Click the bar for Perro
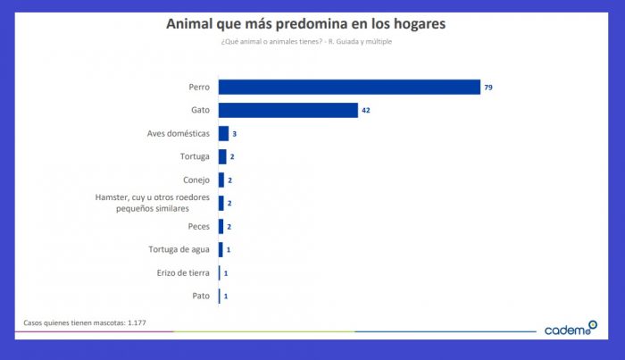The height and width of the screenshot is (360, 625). point(349,87)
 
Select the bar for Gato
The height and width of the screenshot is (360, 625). point(288,110)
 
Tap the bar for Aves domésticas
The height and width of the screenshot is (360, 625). point(223,133)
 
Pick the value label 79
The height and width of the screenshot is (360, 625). point(488,87)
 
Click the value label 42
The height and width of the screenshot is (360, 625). point(366,110)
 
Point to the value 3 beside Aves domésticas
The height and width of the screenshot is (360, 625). point(234,133)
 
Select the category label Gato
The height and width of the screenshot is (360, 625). point(200,110)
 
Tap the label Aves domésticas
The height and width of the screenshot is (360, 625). point(178,133)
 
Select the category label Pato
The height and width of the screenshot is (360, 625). point(201,296)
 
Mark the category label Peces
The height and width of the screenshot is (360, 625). point(197,226)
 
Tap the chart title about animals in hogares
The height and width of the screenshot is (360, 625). point(306,22)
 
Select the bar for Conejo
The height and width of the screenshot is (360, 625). point(221,180)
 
